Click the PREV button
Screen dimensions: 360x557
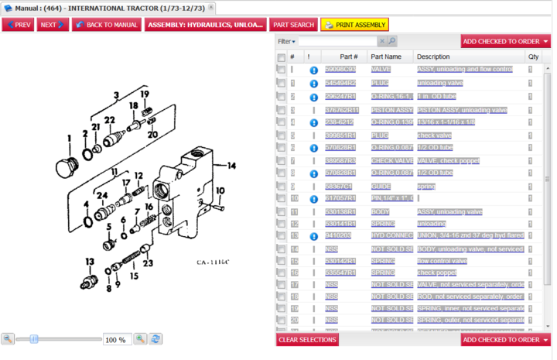18,25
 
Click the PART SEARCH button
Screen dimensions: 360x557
293,25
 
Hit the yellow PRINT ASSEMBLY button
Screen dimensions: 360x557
354,25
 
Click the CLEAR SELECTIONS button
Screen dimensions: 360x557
307,340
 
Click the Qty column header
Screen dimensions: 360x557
533,57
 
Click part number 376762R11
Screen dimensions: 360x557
341,110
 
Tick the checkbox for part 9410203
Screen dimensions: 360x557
281,235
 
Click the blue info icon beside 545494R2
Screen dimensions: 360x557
314,83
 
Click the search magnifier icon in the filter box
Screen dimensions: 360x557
391,41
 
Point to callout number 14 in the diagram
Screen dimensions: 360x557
231,164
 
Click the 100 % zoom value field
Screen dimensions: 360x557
118,339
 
